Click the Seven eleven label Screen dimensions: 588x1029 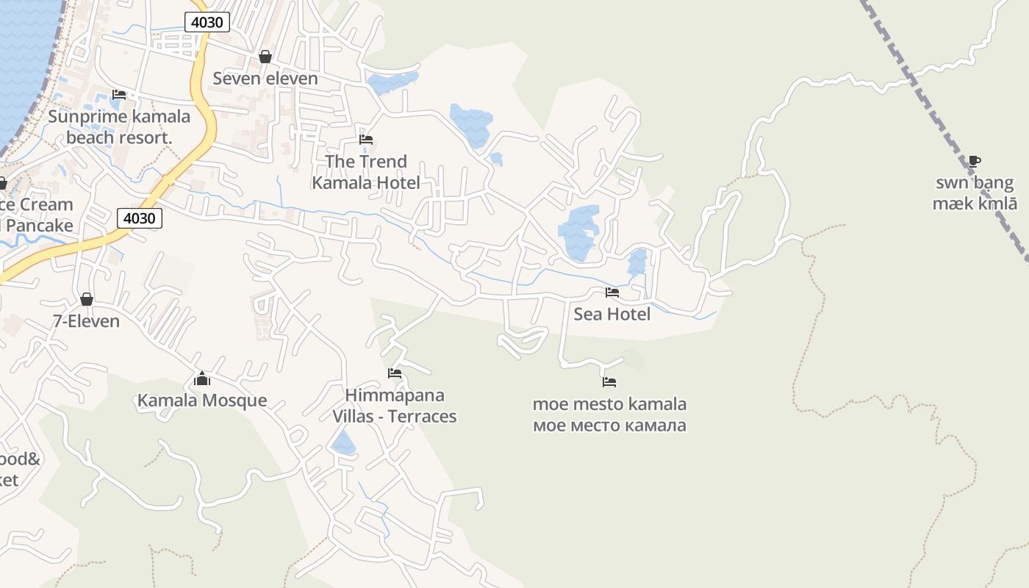coord(265,78)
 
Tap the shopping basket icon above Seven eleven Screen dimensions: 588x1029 coord(265,57)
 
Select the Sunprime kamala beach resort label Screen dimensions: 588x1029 coord(119,126)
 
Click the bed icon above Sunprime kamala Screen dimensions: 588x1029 coord(119,94)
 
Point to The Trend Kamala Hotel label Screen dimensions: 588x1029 coord(366,172)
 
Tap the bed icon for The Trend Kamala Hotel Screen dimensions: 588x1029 coord(366,139)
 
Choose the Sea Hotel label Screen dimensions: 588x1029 coord(612,314)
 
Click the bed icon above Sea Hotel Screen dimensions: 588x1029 coord(612,293)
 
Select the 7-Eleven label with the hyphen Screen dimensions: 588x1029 coord(86,320)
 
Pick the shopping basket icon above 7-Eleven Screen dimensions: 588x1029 coord(87,299)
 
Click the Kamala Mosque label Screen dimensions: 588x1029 coord(202,401)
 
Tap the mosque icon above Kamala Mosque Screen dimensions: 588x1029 coord(202,379)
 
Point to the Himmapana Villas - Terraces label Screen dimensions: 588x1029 coord(395,406)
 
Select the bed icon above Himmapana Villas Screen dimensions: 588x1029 coord(395,373)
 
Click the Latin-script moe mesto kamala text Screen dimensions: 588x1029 coord(609,404)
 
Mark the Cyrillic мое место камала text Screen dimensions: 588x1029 coord(609,425)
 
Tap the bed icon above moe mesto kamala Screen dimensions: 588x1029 coord(609,382)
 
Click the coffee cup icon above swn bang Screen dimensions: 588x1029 coord(975,161)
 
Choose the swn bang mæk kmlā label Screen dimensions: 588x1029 coord(975,193)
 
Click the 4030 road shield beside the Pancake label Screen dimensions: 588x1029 coord(139,218)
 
